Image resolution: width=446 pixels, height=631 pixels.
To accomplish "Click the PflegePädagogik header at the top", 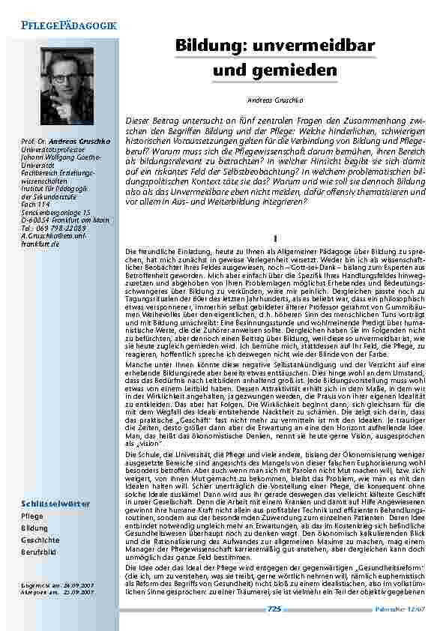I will coord(64,25).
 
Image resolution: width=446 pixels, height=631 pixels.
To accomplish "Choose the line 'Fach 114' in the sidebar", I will coord(35,205).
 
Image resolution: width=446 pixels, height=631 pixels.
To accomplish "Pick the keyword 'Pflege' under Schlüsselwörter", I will coord(32,516).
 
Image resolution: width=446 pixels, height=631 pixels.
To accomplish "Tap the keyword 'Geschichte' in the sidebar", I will coord(39,540).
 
